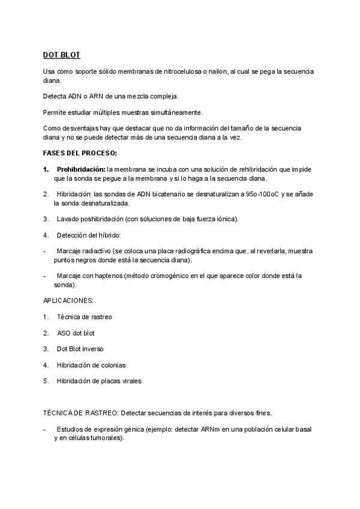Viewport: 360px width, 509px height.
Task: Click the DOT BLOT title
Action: pos(61,55)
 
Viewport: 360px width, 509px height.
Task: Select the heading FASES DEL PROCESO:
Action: pos(80,153)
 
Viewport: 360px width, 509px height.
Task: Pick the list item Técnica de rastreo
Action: pos(84,316)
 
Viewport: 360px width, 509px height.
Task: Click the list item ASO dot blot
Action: pos(76,332)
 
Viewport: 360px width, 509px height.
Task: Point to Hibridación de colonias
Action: pos(91,364)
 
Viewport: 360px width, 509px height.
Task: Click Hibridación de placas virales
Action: pos(99,381)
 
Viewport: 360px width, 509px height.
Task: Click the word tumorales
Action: pos(106,438)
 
